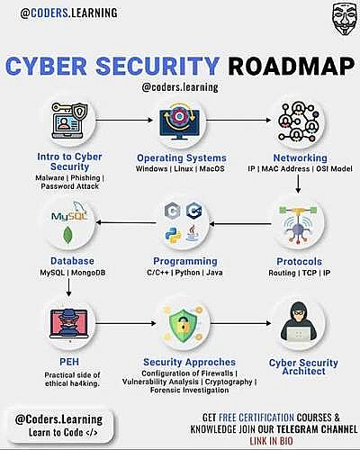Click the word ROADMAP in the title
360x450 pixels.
(x=291, y=66)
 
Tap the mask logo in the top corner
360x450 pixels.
(x=345, y=20)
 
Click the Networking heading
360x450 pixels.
(x=300, y=157)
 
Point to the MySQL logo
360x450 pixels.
(x=69, y=212)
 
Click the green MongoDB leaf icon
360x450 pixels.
(x=68, y=235)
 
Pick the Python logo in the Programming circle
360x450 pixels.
(x=173, y=235)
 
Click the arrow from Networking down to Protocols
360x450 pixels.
(x=298, y=184)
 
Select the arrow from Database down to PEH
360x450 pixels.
(x=68, y=287)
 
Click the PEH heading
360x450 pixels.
(x=69, y=362)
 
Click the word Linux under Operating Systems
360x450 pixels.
(x=184, y=168)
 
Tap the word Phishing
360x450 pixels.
(x=85, y=178)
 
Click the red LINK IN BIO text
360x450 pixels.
(x=271, y=441)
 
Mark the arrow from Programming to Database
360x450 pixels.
(x=126, y=222)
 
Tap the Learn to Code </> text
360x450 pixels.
(x=63, y=432)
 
